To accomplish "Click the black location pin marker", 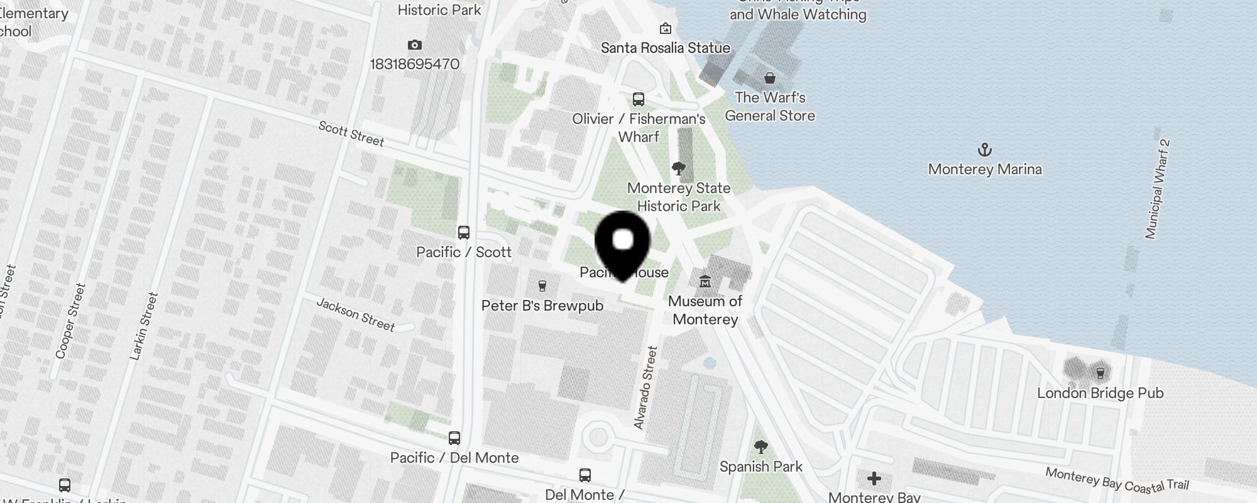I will [622, 242].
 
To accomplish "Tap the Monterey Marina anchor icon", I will [985, 150].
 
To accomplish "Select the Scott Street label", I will [351, 134].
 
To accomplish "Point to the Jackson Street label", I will [356, 314].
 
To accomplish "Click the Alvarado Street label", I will [645, 387].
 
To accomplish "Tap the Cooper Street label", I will [70, 321].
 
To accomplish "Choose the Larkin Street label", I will [143, 326].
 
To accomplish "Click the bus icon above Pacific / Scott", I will [464, 233].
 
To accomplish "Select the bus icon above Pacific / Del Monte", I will [454, 438].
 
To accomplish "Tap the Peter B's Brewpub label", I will [542, 306].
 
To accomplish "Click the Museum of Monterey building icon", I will [705, 281].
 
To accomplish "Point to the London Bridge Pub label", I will [1100, 394].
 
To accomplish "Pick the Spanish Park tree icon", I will [760, 447].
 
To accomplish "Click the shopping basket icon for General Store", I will [769, 78].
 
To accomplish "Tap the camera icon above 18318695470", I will [414, 45].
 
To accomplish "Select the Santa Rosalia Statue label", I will [665, 48].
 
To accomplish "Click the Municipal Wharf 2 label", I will [1158, 189].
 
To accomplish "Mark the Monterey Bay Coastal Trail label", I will [1117, 479].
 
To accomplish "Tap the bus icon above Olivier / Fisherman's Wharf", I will [639, 99].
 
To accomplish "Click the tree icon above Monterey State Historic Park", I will [678, 168].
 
